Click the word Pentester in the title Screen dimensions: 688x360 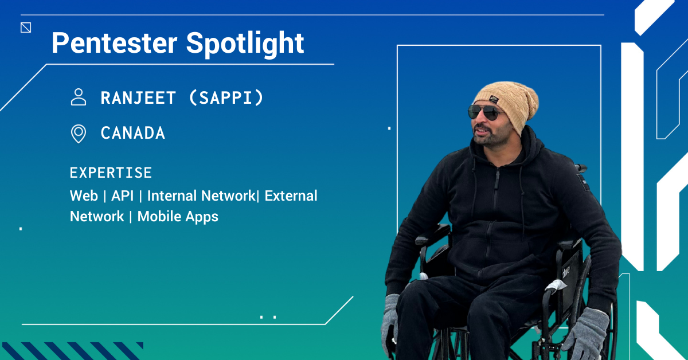click(114, 43)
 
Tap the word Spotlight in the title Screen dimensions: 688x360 click(245, 44)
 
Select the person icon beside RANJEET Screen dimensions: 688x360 click(79, 97)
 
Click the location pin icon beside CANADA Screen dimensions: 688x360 click(79, 134)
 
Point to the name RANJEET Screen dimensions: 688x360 click(138, 98)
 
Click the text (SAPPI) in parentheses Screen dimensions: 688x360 click(226, 98)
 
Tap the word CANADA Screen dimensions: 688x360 click(133, 134)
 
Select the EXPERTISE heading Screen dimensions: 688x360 click(111, 173)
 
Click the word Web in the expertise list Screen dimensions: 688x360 click(84, 196)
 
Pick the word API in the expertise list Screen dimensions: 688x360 click(123, 196)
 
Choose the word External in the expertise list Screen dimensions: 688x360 click(291, 196)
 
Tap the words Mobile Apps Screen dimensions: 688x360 click(178, 217)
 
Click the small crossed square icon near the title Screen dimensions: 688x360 click(26, 28)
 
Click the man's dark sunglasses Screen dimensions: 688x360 click(484, 112)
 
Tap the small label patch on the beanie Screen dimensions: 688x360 click(494, 99)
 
